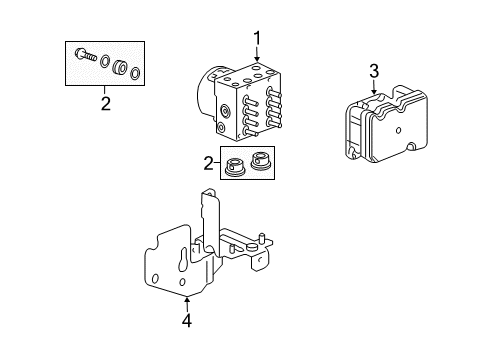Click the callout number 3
[x=374, y=70]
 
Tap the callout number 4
[x=185, y=321]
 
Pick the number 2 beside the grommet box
[x=208, y=163]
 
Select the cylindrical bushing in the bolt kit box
[x=121, y=68]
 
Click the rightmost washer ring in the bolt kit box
[x=135, y=73]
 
